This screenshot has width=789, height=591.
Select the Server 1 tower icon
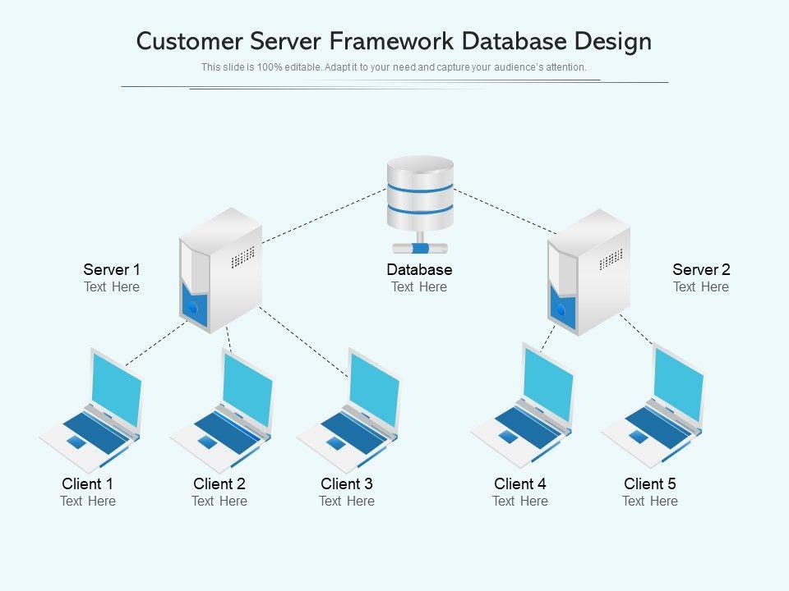[219, 271]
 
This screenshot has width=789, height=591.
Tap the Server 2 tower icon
[588, 273]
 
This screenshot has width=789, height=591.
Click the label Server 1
[112, 269]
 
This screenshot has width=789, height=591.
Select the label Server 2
[701, 269]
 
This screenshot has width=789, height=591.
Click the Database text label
[419, 269]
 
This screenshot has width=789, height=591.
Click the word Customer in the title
[189, 41]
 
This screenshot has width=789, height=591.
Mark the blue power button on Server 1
[192, 309]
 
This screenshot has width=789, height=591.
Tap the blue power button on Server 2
[561, 309]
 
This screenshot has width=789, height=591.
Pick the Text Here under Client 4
[520, 501]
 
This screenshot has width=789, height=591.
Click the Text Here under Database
[419, 286]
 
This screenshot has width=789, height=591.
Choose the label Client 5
[650, 483]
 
